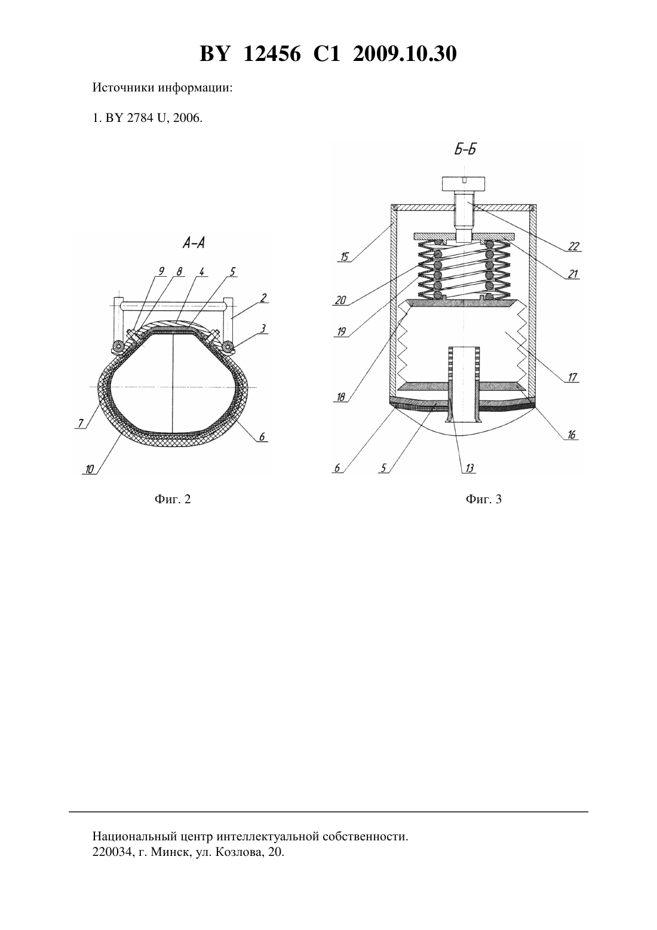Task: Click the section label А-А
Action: pyautogui.click(x=194, y=243)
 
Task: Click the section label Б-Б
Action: pyautogui.click(x=465, y=149)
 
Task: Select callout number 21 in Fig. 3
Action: pyautogui.click(x=573, y=274)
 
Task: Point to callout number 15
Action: pyautogui.click(x=344, y=257)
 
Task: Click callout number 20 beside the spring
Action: pyautogui.click(x=340, y=300)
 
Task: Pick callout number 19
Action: pyautogui.click(x=342, y=332)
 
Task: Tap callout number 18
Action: pyautogui.click(x=340, y=397)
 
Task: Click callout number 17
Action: pyautogui.click(x=572, y=377)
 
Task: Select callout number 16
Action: pyautogui.click(x=572, y=435)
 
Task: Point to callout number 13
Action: pyautogui.click(x=469, y=469)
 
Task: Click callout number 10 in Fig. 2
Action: pyautogui.click(x=89, y=469)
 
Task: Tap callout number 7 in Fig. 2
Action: pyautogui.click(x=81, y=423)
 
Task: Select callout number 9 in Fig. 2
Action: pyautogui.click(x=161, y=271)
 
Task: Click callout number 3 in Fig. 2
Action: pyautogui.click(x=263, y=329)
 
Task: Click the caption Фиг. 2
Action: pyautogui.click(x=173, y=499)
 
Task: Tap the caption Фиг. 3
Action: pyautogui.click(x=484, y=499)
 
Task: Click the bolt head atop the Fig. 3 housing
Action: pyautogui.click(x=463, y=183)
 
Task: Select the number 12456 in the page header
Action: pyautogui.click(x=272, y=54)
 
